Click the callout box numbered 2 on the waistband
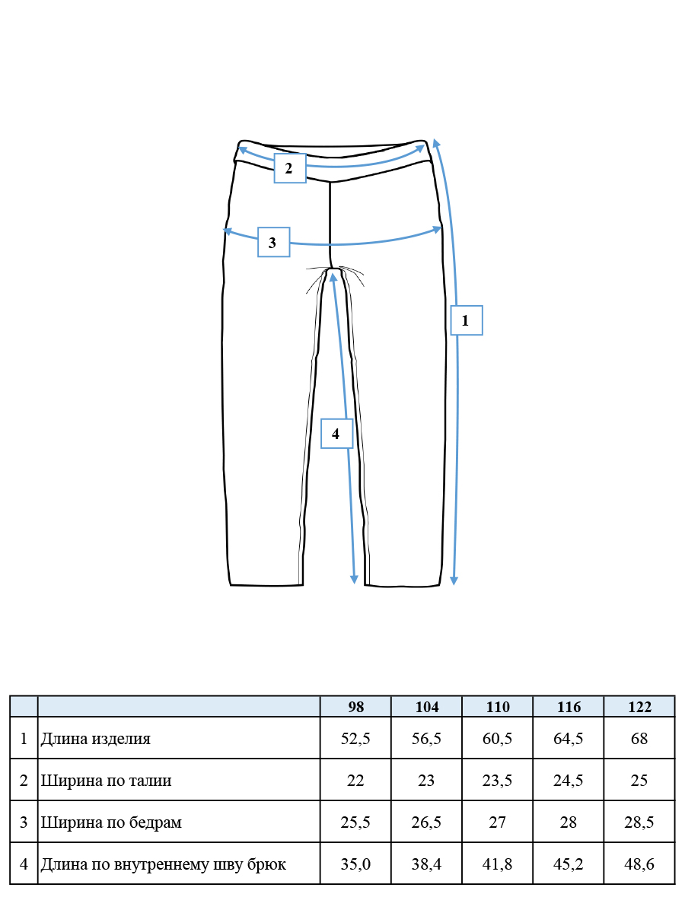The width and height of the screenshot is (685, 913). coord(290,168)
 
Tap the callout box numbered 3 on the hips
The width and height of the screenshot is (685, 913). coord(274,242)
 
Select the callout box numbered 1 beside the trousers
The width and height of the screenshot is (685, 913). coord(467,320)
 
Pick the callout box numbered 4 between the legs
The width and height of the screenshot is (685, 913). coord(337,434)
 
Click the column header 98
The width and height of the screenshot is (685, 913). coord(356,707)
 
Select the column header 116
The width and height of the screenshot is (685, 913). coord(569,707)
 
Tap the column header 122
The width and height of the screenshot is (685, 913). coord(639,707)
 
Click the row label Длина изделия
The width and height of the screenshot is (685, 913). coord(96,738)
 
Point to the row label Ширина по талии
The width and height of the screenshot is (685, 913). coord(106,781)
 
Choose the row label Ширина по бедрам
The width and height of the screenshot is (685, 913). coord(111,822)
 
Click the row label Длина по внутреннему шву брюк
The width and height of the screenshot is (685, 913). coord(164,864)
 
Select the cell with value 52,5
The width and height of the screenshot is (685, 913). coord(355,738)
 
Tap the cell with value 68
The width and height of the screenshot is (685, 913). coord(639,738)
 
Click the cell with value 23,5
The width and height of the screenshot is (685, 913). coord(498,781)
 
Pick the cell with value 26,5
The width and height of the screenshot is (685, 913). coord(426,822)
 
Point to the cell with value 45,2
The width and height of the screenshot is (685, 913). coord(568,864)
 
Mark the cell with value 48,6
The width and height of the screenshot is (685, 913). coord(639,864)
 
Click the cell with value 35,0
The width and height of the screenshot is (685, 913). coord(355,864)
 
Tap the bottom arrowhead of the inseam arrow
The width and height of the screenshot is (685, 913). coord(354,580)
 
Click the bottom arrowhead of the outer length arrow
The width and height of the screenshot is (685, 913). coord(454,581)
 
